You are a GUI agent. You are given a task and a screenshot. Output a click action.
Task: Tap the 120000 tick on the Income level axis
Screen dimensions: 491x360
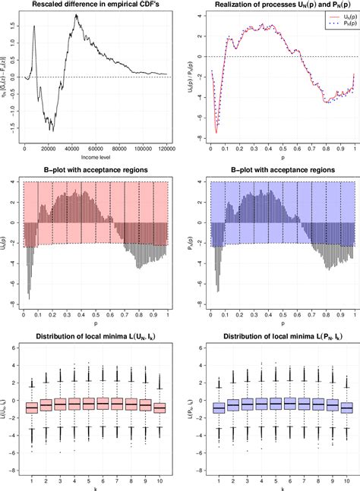click(x=166, y=150)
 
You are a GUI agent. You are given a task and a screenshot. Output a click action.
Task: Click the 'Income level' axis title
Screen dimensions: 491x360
click(x=95, y=159)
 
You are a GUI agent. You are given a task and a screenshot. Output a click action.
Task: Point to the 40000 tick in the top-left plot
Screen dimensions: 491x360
click(x=71, y=150)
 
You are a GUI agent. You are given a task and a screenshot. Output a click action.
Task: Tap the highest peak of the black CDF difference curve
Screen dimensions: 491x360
click(x=76, y=15)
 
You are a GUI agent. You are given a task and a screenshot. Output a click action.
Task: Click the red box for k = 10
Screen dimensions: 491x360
click(x=159, y=407)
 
